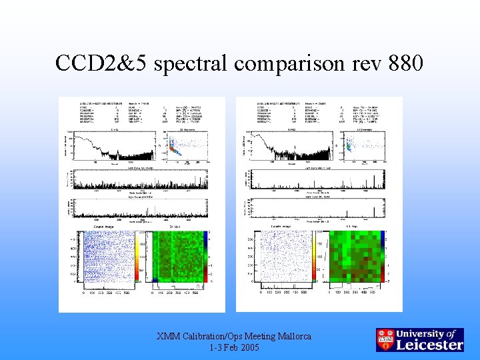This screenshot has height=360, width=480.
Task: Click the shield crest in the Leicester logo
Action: pyautogui.click(x=385, y=339)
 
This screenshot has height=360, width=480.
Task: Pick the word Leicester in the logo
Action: pyautogui.click(x=430, y=345)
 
